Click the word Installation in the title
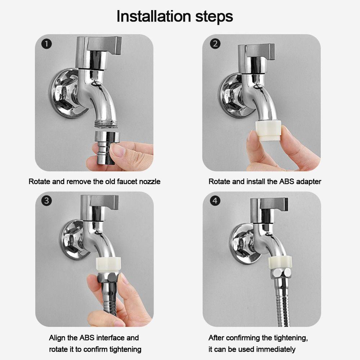point(154,16)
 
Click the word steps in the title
point(214,17)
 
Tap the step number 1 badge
point(46,44)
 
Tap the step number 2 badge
point(215,44)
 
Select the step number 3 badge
point(46,201)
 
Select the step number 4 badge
point(215,201)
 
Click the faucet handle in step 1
point(99,45)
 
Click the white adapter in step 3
point(108,265)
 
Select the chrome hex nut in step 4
point(281,274)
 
